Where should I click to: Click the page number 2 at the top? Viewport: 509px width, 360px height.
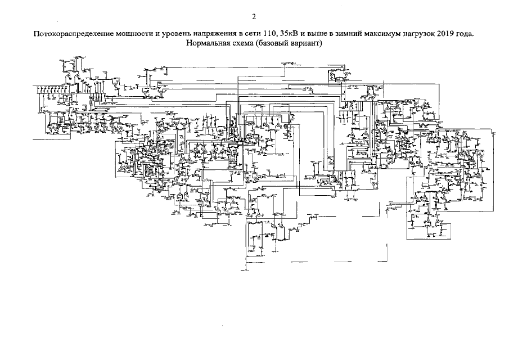254,17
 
